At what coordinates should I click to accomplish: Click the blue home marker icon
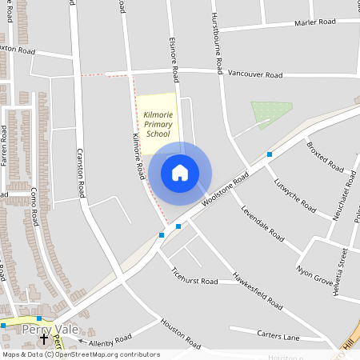click(x=180, y=172)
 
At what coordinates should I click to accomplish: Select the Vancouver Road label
click(x=255, y=75)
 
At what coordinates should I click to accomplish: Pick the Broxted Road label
click(x=323, y=158)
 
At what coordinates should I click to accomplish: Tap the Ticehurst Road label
click(x=194, y=281)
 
